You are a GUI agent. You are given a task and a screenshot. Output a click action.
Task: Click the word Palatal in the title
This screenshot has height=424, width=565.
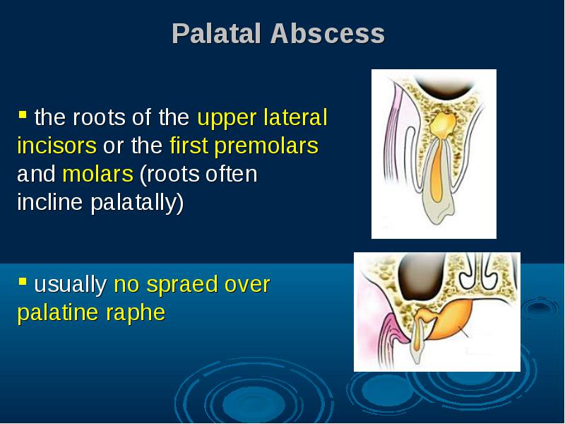(x=216, y=33)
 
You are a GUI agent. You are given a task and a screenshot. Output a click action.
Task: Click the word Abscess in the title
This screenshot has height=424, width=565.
(x=328, y=33)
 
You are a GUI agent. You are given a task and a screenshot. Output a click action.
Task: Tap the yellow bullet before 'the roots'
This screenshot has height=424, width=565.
(x=23, y=114)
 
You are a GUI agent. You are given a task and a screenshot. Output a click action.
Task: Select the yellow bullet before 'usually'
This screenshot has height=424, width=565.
(x=23, y=281)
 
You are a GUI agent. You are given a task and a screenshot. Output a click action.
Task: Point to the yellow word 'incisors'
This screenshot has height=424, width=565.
(x=57, y=146)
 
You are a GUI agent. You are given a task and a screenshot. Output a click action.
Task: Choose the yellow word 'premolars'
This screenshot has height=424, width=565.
(x=266, y=146)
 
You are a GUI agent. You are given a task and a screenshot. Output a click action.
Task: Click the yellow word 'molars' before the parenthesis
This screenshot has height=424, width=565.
(x=97, y=174)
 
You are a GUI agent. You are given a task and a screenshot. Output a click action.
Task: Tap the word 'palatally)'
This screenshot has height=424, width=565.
(x=137, y=203)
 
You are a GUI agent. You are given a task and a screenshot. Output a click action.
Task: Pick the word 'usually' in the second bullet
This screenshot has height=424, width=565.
(x=70, y=285)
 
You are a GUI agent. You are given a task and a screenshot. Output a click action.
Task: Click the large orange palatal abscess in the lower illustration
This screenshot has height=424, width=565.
(x=451, y=320)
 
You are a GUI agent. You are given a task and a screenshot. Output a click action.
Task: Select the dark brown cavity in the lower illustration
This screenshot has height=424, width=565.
(x=421, y=276)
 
